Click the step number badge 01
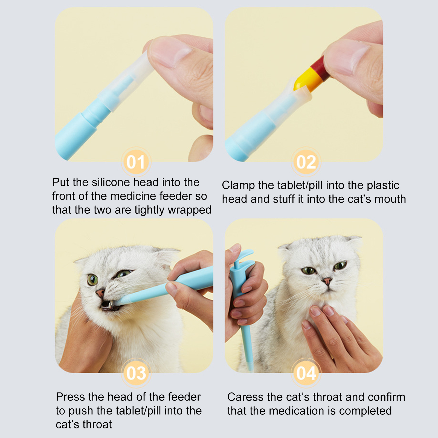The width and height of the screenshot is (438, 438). tap(136, 162)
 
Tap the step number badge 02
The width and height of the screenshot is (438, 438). tap(306, 162)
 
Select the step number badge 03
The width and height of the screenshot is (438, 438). tap(136, 373)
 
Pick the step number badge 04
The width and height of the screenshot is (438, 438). tap(306, 373)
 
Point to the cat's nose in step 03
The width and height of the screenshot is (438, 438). tap(100, 293)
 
